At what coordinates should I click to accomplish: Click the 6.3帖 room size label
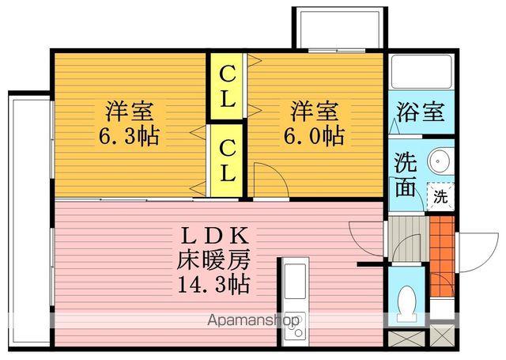[129, 137]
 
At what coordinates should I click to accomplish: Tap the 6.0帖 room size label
[314, 136]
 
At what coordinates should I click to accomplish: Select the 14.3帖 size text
[213, 284]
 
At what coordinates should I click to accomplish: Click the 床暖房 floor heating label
[213, 260]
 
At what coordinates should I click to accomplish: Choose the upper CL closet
[227, 85]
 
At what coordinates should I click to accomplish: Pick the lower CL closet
[227, 160]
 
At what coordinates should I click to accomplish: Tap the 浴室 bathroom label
[421, 112]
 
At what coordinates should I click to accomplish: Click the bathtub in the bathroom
[421, 72]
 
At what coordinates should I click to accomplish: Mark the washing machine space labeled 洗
[440, 196]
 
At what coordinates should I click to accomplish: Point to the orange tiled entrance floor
[442, 256]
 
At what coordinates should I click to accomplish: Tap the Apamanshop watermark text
[253, 320]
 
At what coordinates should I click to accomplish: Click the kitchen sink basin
[295, 281]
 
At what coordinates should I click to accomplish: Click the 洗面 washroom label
[406, 175]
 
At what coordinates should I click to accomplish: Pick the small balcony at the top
[339, 29]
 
